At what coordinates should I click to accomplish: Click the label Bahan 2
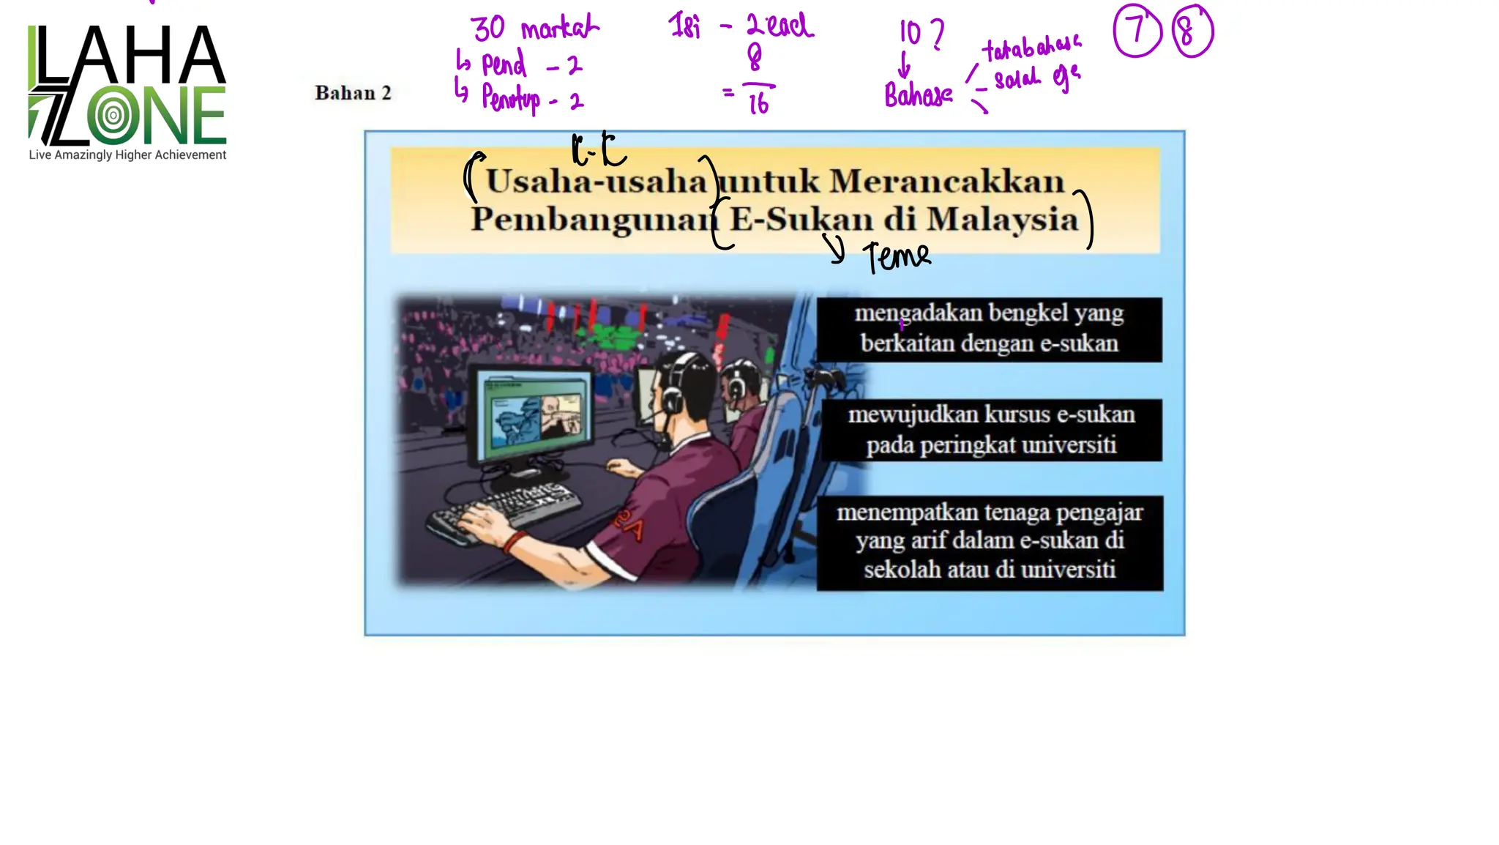coord(353,93)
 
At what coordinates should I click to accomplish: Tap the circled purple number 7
coord(1137,31)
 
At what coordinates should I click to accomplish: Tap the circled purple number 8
coord(1192,32)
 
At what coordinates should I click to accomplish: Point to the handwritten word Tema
coord(897,257)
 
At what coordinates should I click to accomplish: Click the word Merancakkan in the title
coord(946,182)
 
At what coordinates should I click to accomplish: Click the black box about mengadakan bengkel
coord(989,329)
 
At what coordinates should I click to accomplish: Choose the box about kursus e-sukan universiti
coord(991,430)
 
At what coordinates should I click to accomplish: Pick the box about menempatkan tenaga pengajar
coord(990,542)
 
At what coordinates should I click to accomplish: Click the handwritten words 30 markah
coord(535,29)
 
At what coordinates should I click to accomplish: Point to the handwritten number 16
coord(758,104)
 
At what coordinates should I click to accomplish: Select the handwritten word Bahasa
coord(918,95)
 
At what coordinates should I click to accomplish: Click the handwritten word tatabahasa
coord(1031,48)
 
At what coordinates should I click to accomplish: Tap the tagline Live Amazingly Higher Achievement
coord(127,155)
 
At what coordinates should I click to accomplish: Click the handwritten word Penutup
coord(511,98)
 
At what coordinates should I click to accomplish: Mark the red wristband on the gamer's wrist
coord(515,543)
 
